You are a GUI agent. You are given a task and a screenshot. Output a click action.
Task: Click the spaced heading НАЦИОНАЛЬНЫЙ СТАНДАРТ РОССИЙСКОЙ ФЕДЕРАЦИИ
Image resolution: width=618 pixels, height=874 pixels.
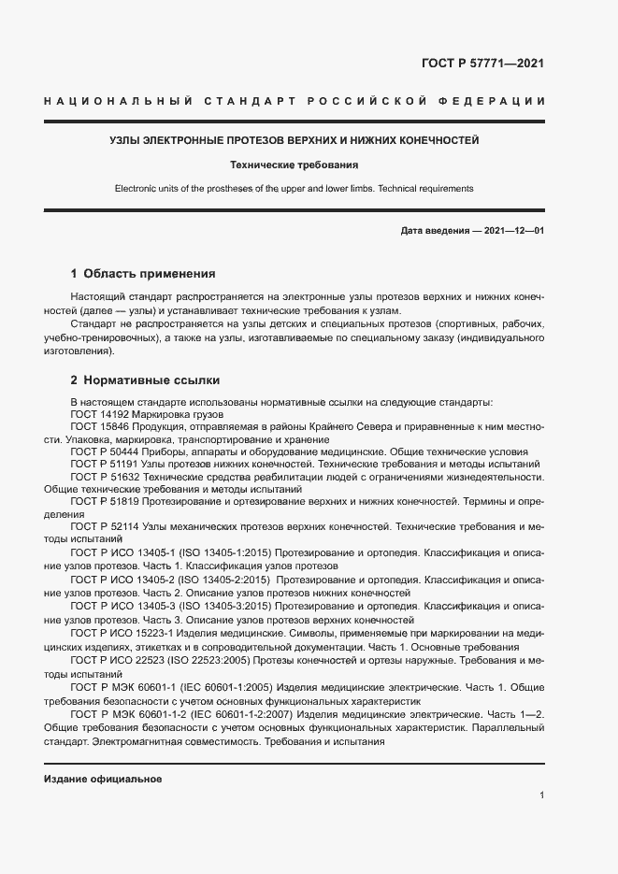point(295,100)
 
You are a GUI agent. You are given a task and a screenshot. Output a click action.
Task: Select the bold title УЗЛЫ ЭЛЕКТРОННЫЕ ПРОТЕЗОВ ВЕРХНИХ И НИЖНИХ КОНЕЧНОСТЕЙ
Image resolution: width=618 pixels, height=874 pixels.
point(295,141)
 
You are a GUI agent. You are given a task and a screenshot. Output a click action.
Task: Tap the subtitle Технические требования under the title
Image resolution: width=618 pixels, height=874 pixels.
point(295,165)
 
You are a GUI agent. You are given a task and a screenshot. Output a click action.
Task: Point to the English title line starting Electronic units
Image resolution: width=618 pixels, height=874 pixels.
point(295,188)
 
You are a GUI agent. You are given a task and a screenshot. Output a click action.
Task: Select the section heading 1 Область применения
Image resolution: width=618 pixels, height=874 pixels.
point(143,274)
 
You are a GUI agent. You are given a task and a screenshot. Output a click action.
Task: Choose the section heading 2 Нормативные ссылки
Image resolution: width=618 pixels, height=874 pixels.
point(146,380)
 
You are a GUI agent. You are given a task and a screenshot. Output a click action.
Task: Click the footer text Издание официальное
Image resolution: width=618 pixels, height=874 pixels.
point(103,779)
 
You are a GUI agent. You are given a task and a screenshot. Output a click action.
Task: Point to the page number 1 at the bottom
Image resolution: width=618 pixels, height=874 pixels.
point(541,795)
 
